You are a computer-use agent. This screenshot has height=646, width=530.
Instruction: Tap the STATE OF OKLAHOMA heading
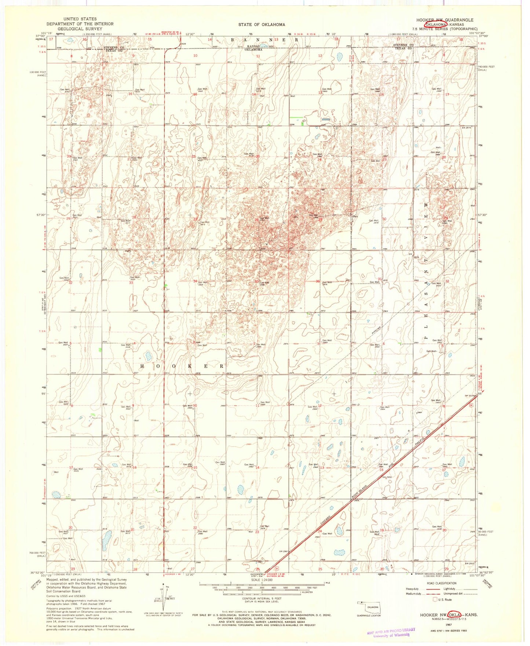(262, 25)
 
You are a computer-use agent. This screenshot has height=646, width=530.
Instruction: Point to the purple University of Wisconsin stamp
(391, 633)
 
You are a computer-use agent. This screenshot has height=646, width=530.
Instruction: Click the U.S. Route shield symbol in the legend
(435, 600)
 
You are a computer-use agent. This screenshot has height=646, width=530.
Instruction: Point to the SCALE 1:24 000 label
(261, 580)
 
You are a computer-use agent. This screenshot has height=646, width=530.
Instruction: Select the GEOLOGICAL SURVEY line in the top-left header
(80, 29)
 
